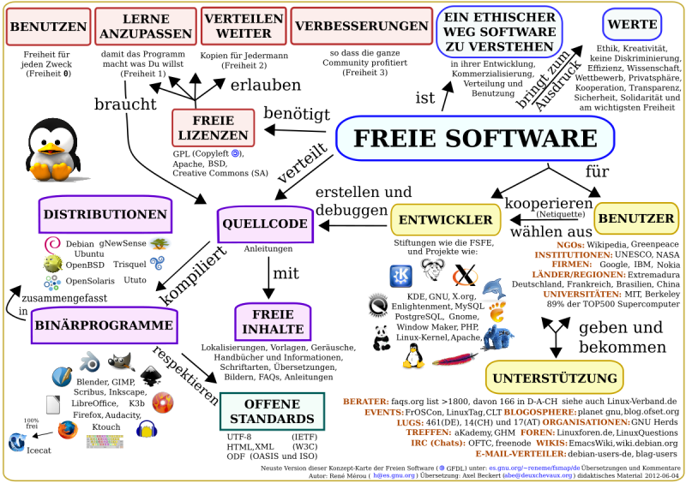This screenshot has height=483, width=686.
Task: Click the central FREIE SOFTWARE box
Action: [x=475, y=137]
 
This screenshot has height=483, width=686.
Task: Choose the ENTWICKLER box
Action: [x=446, y=219]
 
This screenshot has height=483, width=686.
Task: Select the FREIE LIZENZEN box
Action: [x=213, y=128]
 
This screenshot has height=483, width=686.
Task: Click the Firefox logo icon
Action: [x=68, y=429]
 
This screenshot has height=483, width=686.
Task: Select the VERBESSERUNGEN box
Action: [x=356, y=26]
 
